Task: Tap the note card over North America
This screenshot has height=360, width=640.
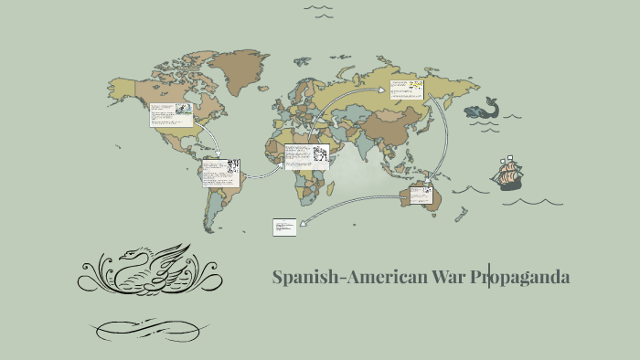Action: (x=171, y=114)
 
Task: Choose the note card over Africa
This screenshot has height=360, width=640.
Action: (x=305, y=156)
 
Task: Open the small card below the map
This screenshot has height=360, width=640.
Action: (x=284, y=227)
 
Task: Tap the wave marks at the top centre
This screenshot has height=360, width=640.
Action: (x=317, y=11)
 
